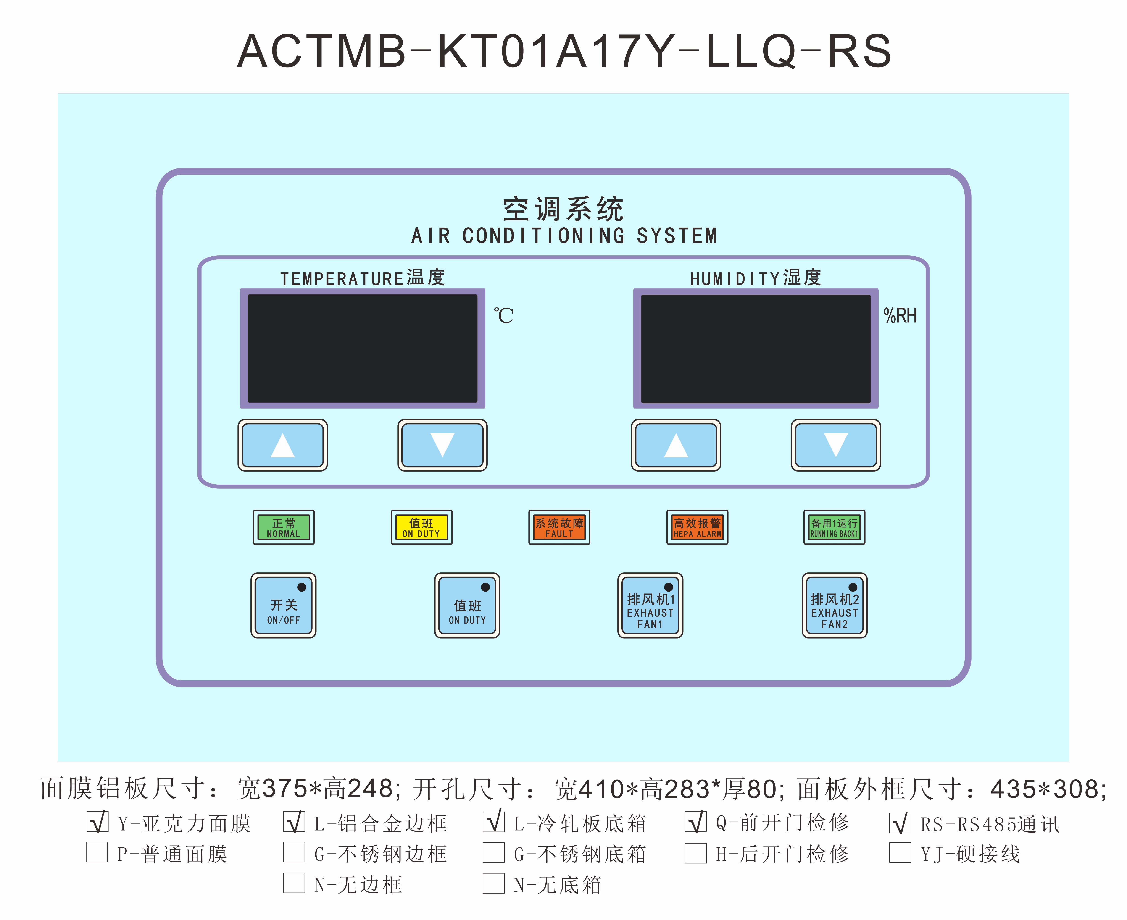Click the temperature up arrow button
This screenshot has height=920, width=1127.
(282, 445)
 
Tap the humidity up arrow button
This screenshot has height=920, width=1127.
(676, 445)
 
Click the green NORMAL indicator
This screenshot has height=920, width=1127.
(284, 527)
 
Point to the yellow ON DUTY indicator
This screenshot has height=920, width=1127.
(421, 527)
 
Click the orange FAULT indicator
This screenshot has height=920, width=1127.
(559, 527)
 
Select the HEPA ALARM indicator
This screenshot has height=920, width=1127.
(697, 527)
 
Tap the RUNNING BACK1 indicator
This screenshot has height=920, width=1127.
(834, 527)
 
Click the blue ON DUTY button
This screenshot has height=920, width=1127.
(467, 605)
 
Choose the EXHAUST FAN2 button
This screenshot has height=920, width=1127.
(834, 605)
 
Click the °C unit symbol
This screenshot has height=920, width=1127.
(504, 316)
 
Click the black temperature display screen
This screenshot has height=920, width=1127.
(363, 348)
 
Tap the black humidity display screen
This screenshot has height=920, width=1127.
(756, 348)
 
